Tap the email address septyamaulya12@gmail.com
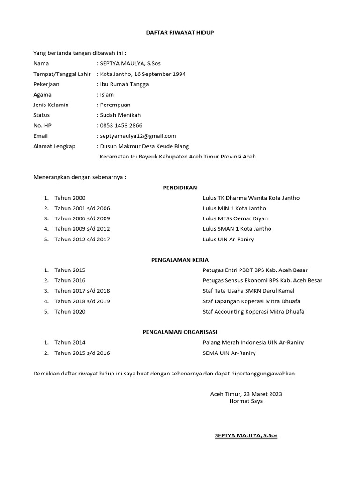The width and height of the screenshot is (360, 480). tap(138, 136)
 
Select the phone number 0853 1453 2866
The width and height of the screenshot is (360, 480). tap(121, 126)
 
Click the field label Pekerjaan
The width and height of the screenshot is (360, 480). tap(46, 84)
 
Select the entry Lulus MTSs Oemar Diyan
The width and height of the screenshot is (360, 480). tap(235, 218)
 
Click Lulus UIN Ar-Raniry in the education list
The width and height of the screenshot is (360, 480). tap(228, 239)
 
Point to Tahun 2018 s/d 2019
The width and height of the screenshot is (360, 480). tap(82, 301)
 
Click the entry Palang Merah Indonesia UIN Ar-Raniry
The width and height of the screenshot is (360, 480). tap(253, 342)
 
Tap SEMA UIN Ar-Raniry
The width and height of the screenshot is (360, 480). tap(229, 352)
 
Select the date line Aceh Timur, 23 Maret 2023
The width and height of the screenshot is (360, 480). tap(246, 394)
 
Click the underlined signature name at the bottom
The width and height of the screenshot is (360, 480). tap(246, 435)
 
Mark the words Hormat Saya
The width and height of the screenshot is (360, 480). tap(246, 401)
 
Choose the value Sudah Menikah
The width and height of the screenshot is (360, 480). tap(120, 115)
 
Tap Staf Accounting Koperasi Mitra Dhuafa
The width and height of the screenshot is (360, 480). tap(253, 311)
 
